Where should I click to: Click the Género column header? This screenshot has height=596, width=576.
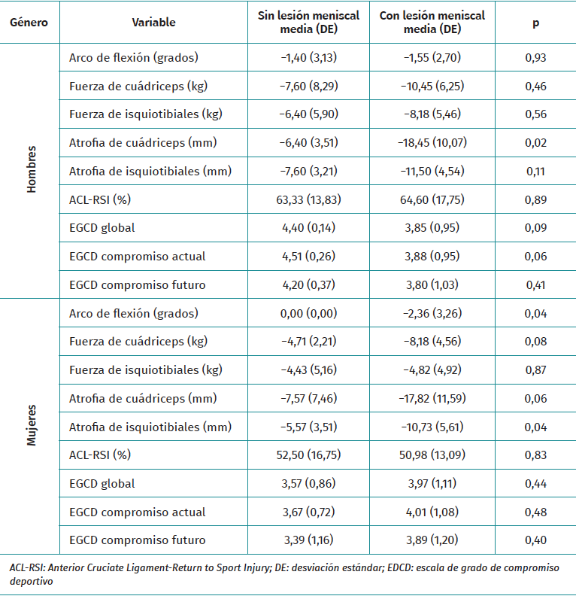[29, 23]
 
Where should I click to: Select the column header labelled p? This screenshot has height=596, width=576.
[535, 23]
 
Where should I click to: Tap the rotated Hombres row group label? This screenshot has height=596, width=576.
[31, 170]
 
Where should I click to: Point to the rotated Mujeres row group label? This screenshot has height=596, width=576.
[31, 427]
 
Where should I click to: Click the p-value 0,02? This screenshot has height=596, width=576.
[535, 142]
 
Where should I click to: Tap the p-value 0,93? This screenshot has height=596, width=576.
[535, 57]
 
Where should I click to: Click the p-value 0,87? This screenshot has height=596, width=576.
[535, 369]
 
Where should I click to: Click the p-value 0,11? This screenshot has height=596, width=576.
[535, 171]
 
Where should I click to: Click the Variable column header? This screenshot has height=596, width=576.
[153, 23]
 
